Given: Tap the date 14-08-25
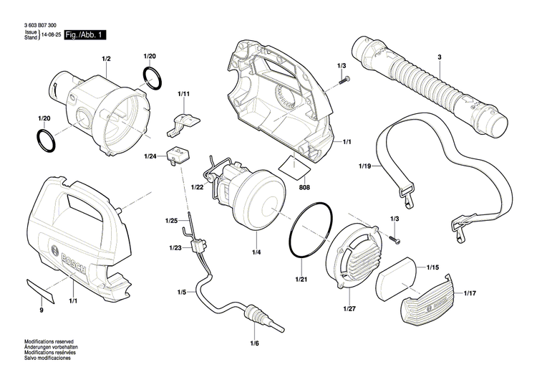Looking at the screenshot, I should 50,34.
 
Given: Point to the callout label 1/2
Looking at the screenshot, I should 106,57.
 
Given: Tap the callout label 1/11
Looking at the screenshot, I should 185,94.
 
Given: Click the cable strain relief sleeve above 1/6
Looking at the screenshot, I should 251,314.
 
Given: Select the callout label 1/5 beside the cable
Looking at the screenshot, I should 182,293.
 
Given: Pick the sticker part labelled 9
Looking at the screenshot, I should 43,290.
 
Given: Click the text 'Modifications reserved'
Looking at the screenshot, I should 49,342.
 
